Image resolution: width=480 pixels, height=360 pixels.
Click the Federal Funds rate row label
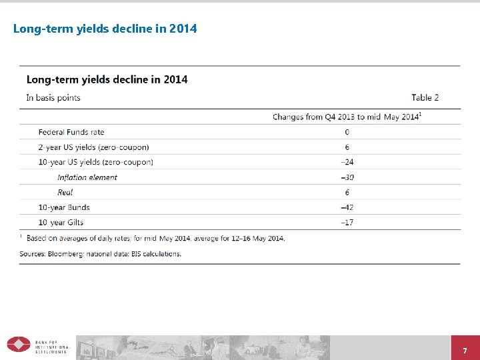[x=71, y=132]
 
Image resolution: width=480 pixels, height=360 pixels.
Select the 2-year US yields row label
[x=93, y=147]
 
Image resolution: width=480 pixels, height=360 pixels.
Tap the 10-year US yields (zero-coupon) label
[x=95, y=162]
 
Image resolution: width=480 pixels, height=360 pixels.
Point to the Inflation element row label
[x=87, y=177]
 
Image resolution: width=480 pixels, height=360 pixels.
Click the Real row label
[x=65, y=192]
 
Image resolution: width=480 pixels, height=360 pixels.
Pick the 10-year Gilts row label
[x=61, y=222]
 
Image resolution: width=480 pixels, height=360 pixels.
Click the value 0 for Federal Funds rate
[x=347, y=132]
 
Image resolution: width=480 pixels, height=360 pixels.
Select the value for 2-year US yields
[x=347, y=147]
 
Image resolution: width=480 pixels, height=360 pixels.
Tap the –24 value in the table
[x=347, y=162]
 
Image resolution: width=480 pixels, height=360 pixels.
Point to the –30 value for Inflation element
[x=347, y=177]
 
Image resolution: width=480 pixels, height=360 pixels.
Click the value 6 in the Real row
[x=347, y=192]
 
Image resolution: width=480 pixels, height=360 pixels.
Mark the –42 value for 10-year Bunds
[x=347, y=207]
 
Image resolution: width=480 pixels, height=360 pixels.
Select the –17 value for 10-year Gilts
[x=347, y=222]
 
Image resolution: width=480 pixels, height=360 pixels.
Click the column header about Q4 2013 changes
[x=347, y=117]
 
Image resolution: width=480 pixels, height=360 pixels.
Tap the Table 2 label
[x=425, y=97]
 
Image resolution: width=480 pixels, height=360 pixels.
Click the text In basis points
[x=53, y=97]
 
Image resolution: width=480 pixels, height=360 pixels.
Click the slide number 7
[x=465, y=351]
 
